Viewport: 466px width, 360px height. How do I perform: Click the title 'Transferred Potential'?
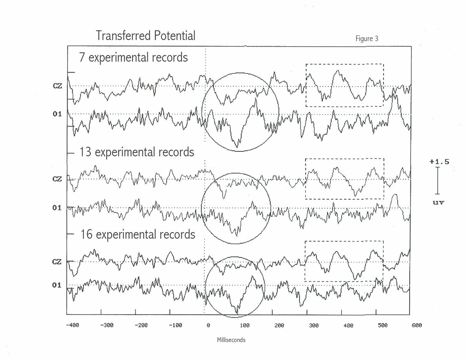[x=146, y=36]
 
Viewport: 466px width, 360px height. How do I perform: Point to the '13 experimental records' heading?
[x=137, y=152]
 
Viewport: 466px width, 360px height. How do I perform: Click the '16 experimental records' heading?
[x=137, y=234]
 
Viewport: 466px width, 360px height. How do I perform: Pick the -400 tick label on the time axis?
[x=73, y=325]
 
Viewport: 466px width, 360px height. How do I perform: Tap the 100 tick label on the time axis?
[x=243, y=325]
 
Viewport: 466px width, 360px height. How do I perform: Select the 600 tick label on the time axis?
[x=416, y=325]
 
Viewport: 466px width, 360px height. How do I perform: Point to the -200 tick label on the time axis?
[x=141, y=325]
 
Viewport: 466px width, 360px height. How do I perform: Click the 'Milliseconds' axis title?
[x=231, y=340]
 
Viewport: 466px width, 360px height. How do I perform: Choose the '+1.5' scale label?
[x=439, y=162]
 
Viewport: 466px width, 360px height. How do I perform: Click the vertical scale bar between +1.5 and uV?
[x=438, y=181]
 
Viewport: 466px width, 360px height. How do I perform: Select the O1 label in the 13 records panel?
[x=57, y=208]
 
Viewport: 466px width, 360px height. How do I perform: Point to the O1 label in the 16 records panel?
[x=57, y=285]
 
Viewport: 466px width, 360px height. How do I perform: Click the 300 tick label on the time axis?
[x=313, y=325]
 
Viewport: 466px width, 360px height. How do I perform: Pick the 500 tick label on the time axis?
[x=383, y=325]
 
